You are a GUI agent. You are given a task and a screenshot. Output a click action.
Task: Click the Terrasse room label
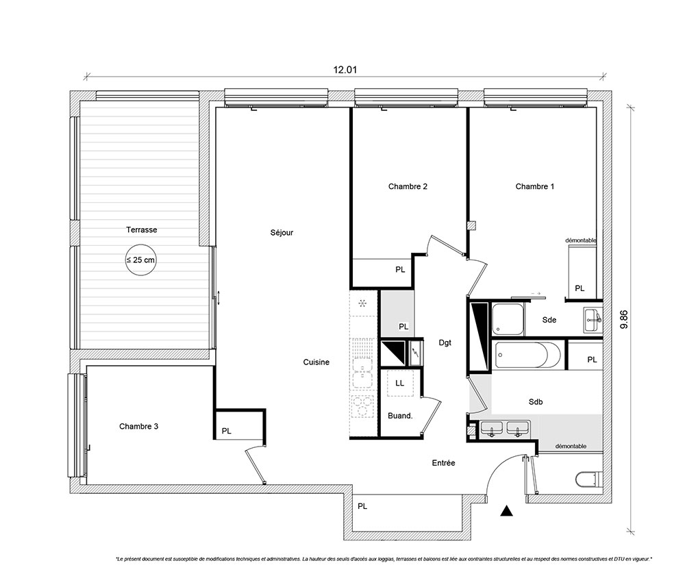[142, 229]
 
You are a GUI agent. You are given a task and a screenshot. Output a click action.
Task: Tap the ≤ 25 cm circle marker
[140, 260]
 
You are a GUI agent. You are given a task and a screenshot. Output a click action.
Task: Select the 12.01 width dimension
[345, 70]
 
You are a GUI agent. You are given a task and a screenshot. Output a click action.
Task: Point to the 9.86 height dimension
[624, 319]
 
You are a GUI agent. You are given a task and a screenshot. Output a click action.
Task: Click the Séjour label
[282, 233]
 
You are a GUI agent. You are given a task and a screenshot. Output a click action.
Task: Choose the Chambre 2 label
[408, 186]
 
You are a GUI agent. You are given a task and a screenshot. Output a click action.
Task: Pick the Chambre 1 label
[535, 186]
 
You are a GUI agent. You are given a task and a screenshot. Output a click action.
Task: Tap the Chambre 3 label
[138, 426]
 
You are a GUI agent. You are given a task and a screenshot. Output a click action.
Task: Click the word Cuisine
[316, 362]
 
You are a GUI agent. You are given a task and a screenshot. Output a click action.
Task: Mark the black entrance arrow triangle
[506, 511]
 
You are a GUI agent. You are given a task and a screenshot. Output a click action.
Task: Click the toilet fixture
[589, 479]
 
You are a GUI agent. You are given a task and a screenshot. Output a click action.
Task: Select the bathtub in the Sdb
[527, 355]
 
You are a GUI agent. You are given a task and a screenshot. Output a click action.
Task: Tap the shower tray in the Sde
[508, 319]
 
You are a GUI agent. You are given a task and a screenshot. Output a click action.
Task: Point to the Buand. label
[400, 416]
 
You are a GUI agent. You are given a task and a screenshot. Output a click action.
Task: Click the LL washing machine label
[400, 383]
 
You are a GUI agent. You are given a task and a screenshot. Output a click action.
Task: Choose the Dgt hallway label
[445, 343]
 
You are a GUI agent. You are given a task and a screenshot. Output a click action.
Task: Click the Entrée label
[443, 463]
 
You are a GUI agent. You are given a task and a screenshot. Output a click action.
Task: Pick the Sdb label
[536, 402]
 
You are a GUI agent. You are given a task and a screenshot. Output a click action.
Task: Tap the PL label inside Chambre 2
[400, 270]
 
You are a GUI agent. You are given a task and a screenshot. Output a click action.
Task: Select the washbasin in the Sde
[593, 320]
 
